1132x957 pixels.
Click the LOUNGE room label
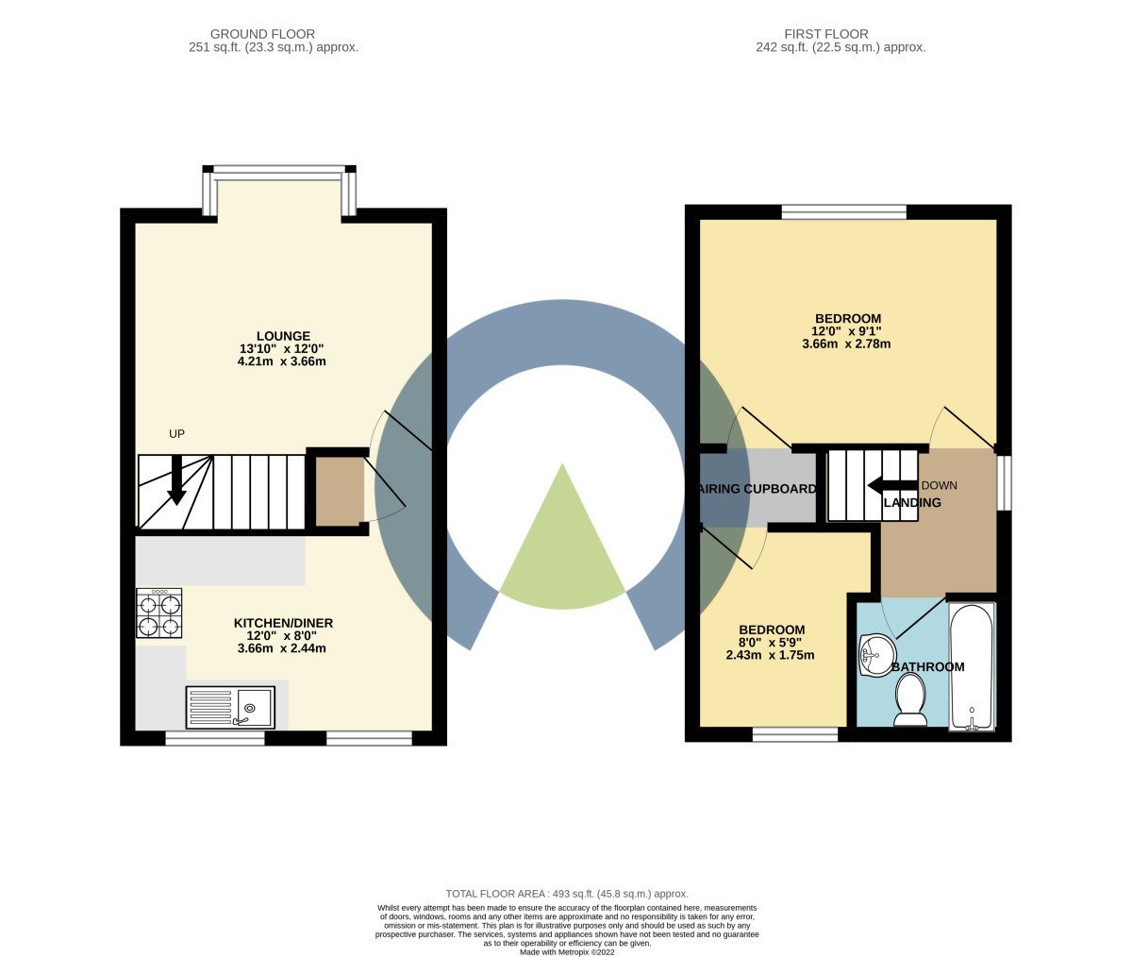283,336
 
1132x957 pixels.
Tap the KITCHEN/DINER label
283,623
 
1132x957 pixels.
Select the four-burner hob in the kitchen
159,613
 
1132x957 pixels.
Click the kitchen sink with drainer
231,707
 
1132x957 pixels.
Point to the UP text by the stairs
176,434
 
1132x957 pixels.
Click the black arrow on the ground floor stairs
176,481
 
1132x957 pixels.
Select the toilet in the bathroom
910,704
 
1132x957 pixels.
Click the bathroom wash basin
876,653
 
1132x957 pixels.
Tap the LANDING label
912,503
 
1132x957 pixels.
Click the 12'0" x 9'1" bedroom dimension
846,331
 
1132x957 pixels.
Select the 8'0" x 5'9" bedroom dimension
771,643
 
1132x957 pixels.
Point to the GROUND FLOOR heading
262,34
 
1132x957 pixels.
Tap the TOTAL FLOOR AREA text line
566,893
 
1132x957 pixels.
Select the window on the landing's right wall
1005,483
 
